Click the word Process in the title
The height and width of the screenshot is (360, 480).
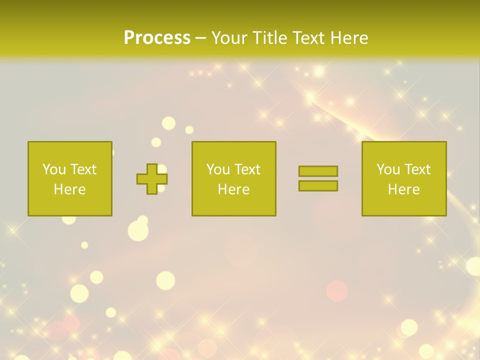[157, 37]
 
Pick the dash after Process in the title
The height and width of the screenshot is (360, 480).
[200, 38]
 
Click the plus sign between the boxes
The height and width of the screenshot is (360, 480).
[152, 179]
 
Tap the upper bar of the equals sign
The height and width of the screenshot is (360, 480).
[318, 171]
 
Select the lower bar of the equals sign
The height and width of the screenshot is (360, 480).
[318, 185]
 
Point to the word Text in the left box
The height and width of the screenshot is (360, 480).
[82, 169]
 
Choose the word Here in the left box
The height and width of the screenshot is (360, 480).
[69, 189]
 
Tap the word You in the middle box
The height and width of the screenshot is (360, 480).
[218, 169]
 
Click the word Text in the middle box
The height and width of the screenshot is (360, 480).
[246, 169]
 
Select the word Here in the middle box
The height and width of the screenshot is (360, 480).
[233, 189]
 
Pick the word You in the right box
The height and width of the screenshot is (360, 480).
[388, 169]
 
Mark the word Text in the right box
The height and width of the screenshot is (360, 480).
[416, 169]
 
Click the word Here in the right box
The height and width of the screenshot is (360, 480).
[403, 189]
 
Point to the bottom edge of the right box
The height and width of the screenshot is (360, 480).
[404, 215]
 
